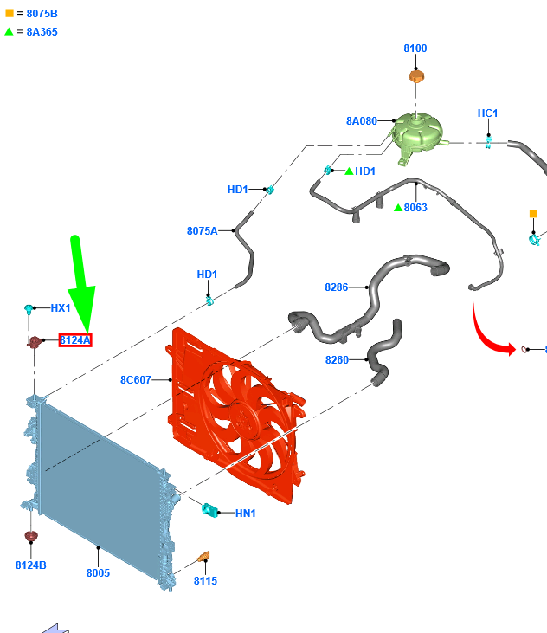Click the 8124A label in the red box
(75, 340)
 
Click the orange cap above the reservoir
(416, 77)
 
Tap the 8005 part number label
(98, 572)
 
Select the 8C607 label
(136, 379)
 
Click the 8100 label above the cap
(415, 48)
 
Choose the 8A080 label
(362, 121)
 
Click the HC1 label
(488, 113)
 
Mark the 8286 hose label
(337, 287)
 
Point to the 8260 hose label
(337, 359)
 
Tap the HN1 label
(246, 514)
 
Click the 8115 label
(205, 581)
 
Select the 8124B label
(31, 565)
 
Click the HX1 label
(61, 307)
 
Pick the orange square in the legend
(10, 14)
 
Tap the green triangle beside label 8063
(398, 208)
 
